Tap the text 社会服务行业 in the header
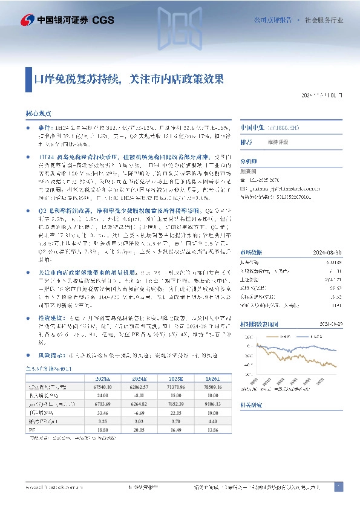[324, 20]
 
